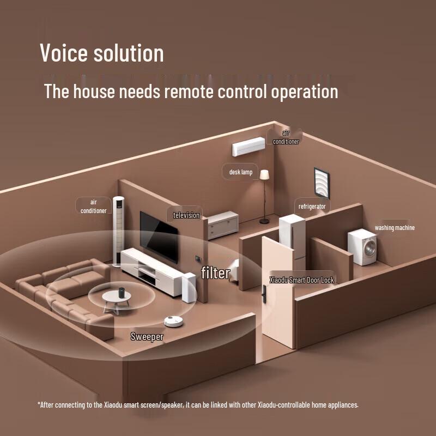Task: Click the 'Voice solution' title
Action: (x=102, y=52)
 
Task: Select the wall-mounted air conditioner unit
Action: (x=249, y=146)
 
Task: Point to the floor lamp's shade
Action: (x=264, y=174)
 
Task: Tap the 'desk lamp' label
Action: (x=240, y=172)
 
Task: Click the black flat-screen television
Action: (x=159, y=237)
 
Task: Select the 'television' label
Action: (x=186, y=215)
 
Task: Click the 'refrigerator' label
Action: (x=312, y=207)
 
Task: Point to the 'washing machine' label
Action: (x=394, y=228)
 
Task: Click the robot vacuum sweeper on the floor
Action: (x=173, y=321)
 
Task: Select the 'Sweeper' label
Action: (x=147, y=337)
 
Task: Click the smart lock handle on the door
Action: (x=264, y=294)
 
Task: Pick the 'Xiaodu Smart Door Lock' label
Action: (x=302, y=280)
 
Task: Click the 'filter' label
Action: (x=215, y=272)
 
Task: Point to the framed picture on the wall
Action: (x=322, y=183)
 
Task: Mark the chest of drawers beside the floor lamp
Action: (x=223, y=225)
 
